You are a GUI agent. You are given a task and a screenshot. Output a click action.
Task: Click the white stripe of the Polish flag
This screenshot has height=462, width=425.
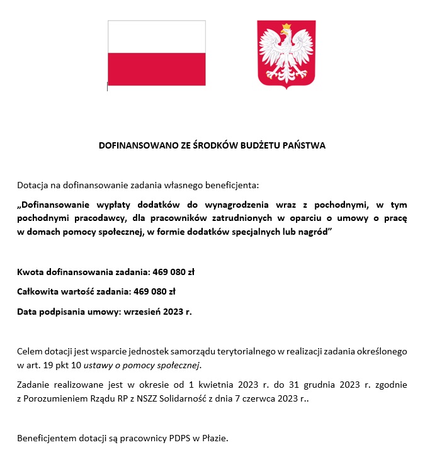[x=156, y=37]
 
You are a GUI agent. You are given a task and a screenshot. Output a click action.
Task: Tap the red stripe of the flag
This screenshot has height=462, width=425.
[x=156, y=69]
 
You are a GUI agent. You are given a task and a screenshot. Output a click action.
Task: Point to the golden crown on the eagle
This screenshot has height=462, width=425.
[x=286, y=26]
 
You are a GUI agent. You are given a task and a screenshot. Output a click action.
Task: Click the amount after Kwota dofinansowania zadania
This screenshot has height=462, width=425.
[x=174, y=273]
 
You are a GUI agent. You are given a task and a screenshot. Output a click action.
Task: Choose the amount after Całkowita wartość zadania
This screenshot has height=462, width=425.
[x=154, y=291]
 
